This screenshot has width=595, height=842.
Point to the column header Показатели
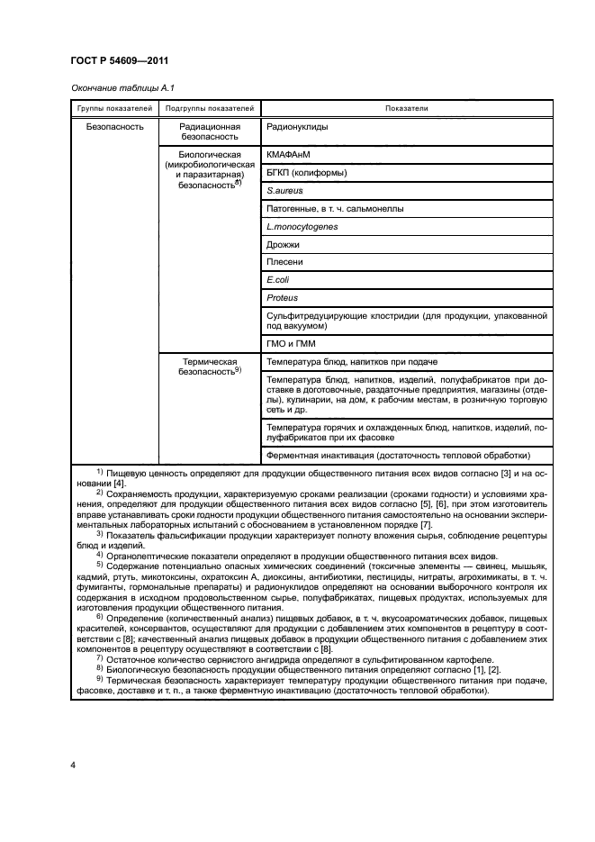[407, 108]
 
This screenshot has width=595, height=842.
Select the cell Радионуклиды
[297, 127]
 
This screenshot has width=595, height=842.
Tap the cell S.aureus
[284, 191]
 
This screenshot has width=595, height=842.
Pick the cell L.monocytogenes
[302, 226]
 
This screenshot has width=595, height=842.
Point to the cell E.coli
[278, 279]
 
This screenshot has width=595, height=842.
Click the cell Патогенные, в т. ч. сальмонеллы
[335, 209]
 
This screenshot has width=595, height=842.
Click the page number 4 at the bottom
[72, 765]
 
